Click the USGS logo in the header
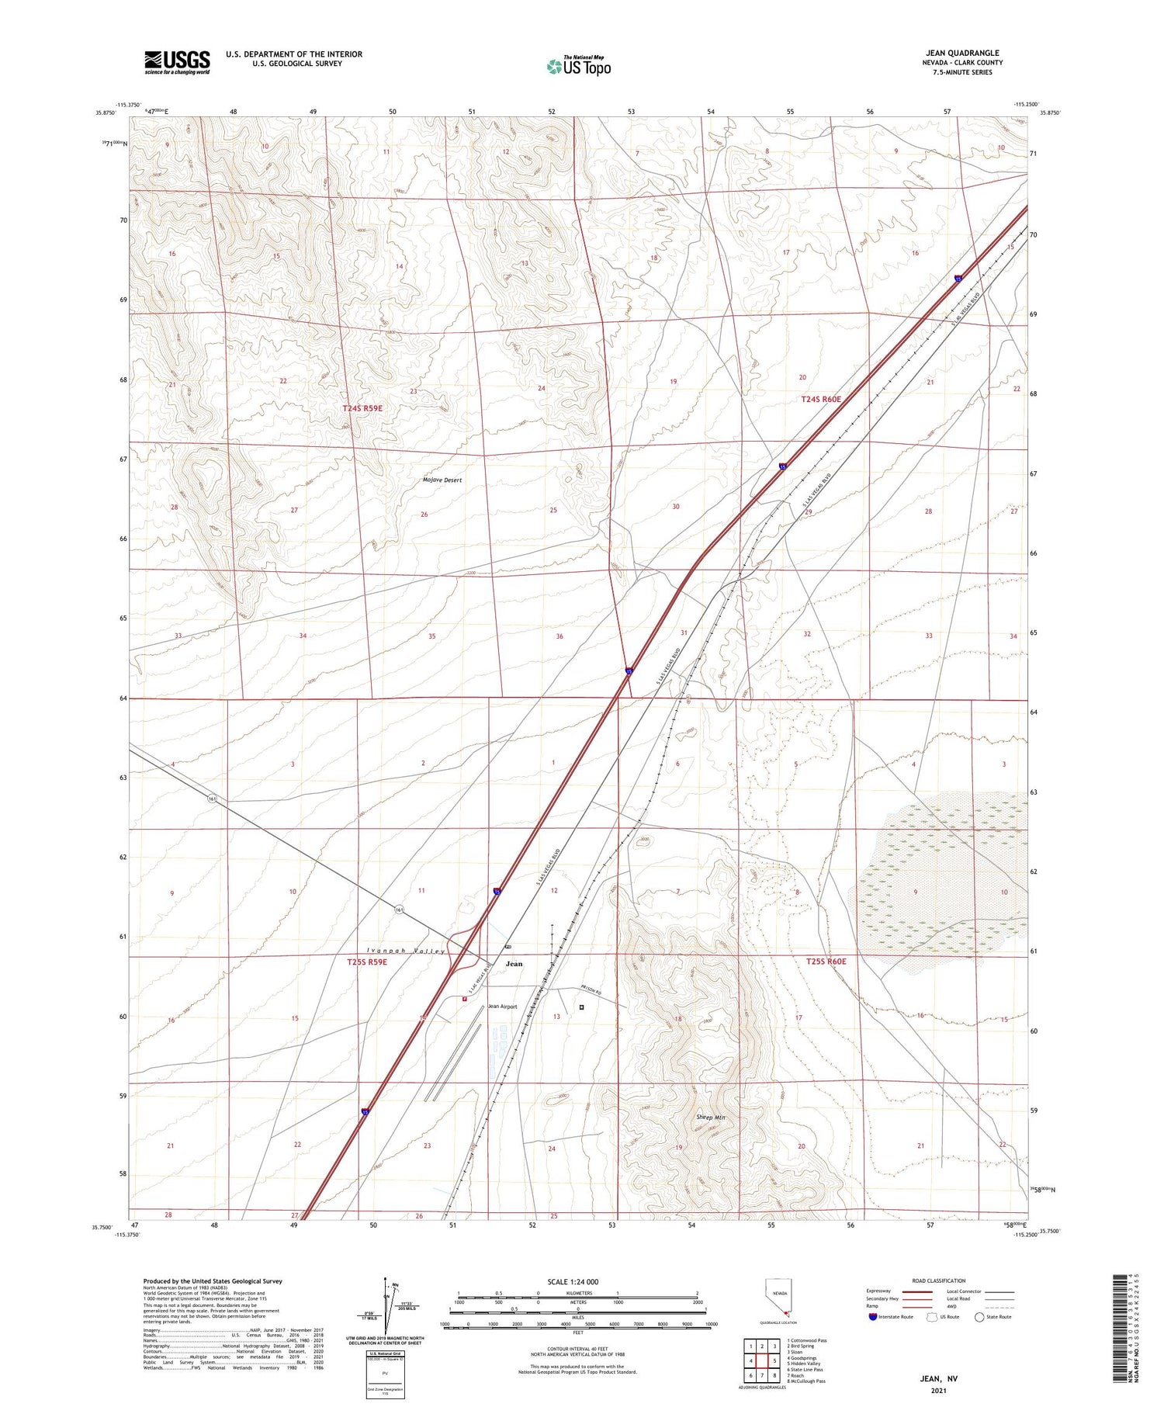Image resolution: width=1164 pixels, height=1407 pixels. pos(177,62)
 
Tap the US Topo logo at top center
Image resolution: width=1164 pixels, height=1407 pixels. pos(579,67)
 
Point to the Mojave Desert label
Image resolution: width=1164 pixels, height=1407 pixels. pos(442,480)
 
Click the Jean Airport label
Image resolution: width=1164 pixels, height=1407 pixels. pos(502,1007)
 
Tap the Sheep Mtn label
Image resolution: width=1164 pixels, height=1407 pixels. pos(710,1118)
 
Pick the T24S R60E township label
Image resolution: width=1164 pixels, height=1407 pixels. pos(821,399)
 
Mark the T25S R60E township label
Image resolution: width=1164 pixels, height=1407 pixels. pos(826,962)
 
